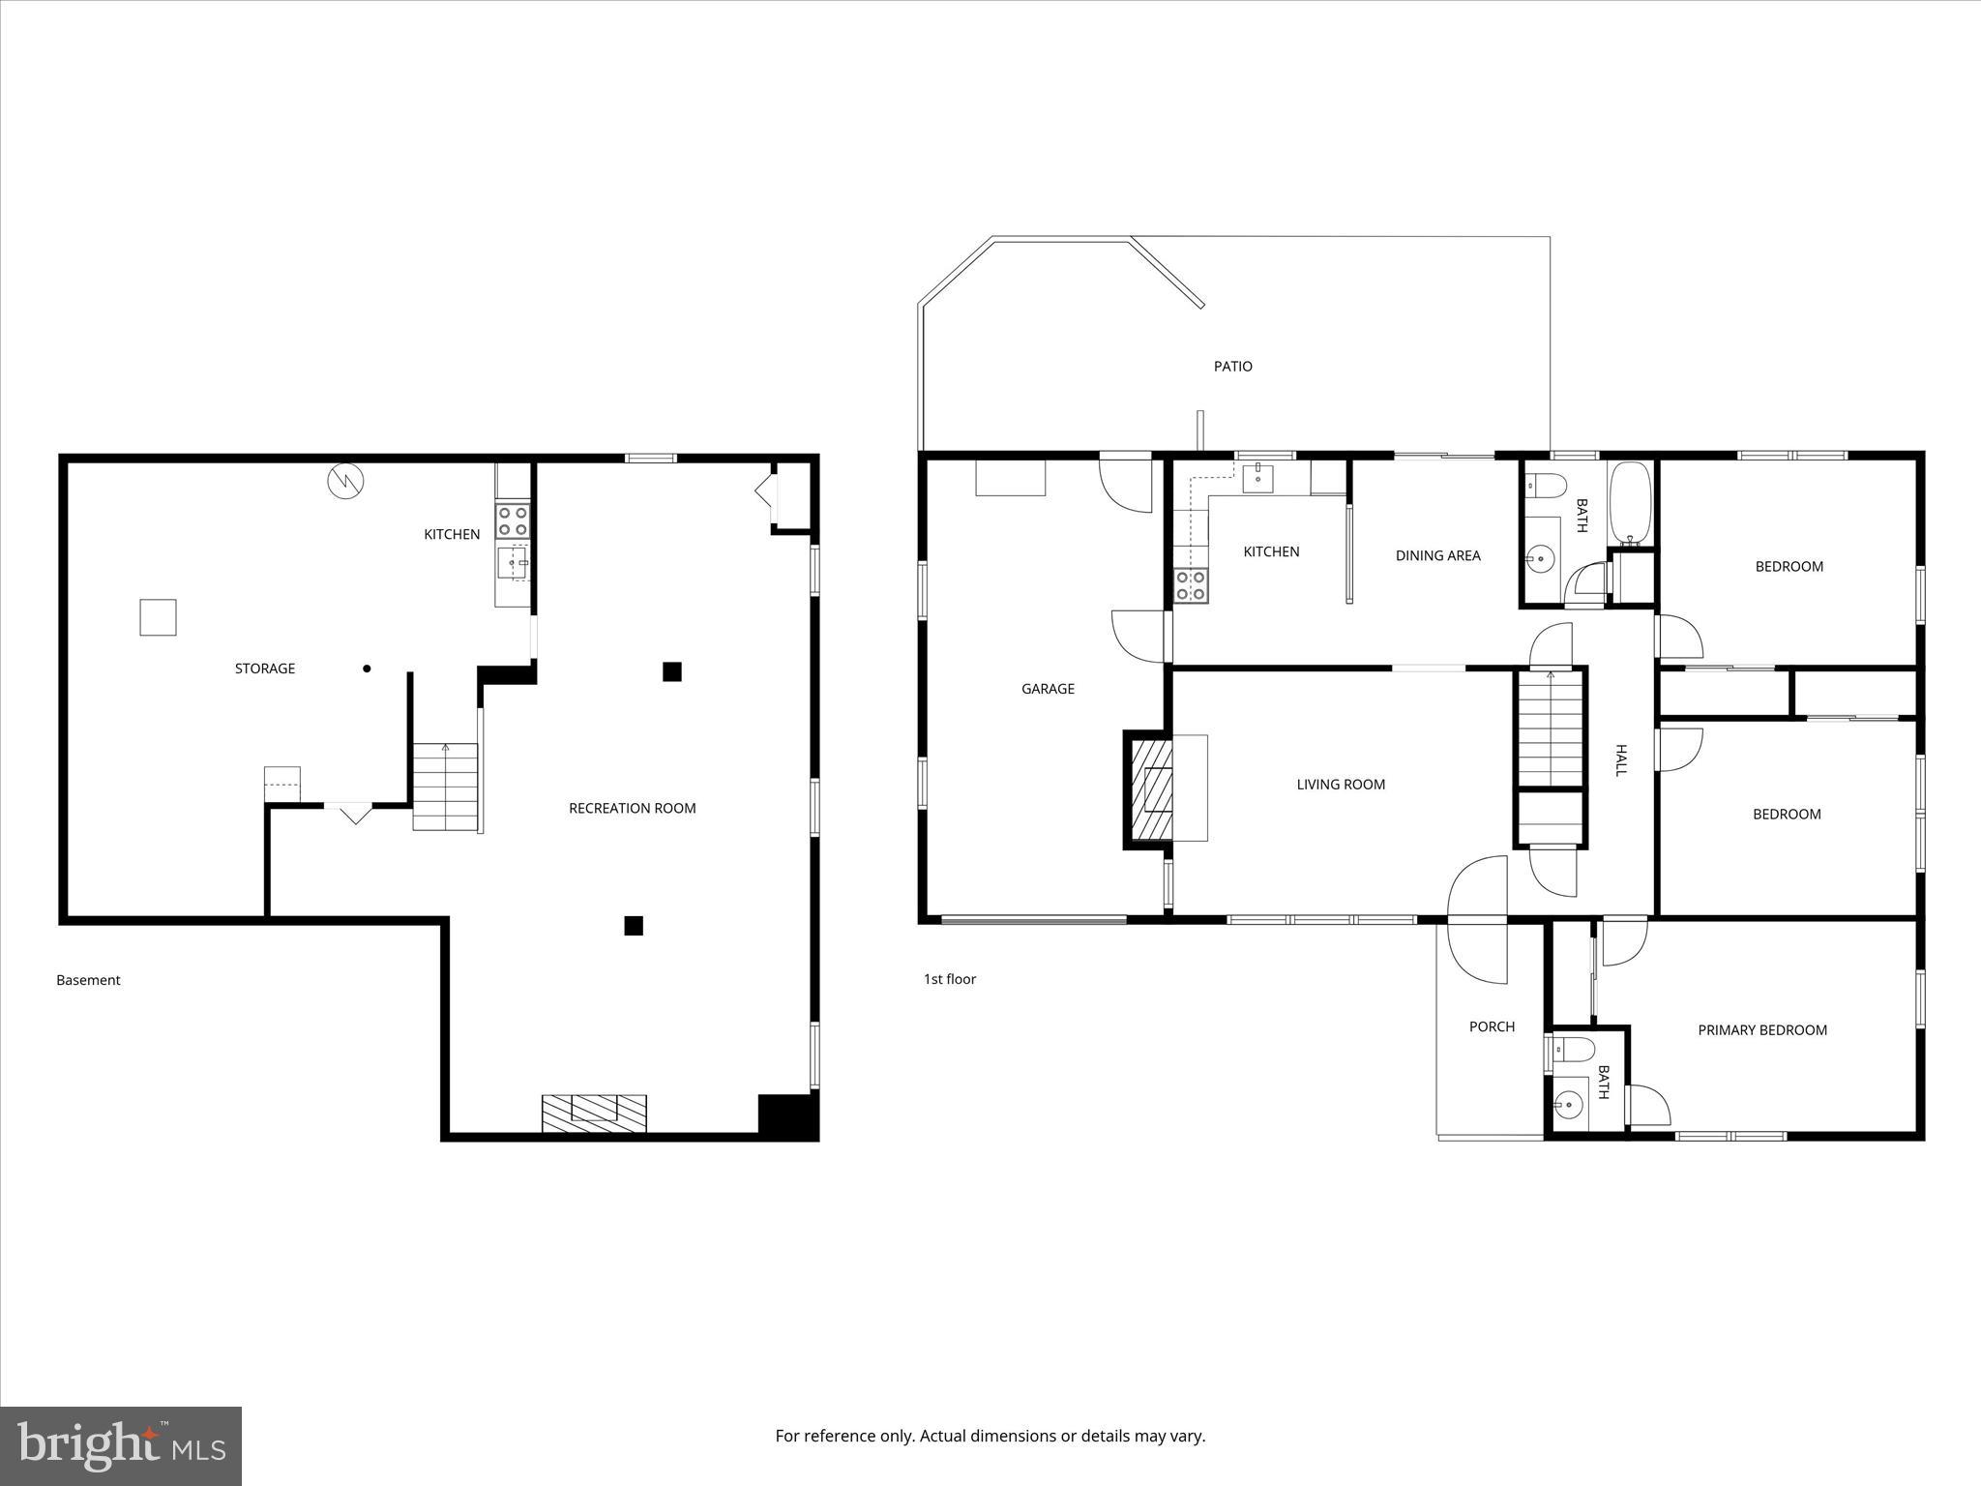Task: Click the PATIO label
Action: click(1232, 366)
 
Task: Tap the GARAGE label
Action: click(1048, 689)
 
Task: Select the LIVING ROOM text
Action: click(1341, 785)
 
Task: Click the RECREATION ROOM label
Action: click(632, 808)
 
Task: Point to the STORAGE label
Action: click(265, 669)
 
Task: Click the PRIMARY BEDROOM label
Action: click(1762, 1030)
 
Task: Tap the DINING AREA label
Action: click(1437, 555)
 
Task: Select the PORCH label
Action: click(1492, 1026)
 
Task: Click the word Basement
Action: click(88, 980)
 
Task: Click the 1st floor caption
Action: click(949, 979)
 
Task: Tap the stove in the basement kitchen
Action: click(513, 521)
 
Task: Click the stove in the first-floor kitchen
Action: click(1191, 586)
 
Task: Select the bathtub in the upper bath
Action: click(1631, 503)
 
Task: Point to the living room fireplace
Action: click(1153, 788)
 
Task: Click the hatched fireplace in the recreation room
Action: click(593, 1113)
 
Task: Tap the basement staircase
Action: click(445, 787)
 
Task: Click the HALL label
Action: click(1621, 759)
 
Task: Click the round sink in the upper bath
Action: click(1540, 558)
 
